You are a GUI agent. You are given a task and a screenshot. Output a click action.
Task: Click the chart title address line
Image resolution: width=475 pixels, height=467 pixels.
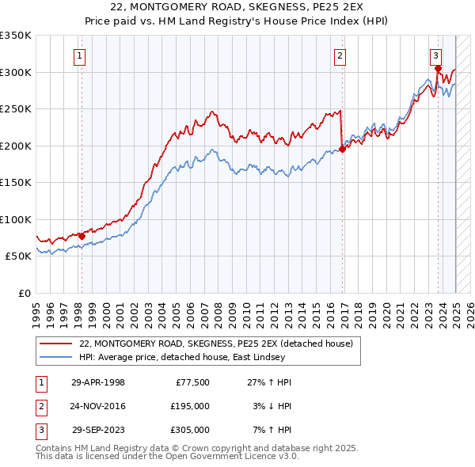tap(237, 6)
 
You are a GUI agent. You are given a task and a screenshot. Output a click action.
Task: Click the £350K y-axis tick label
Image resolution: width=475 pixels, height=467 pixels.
tap(16, 36)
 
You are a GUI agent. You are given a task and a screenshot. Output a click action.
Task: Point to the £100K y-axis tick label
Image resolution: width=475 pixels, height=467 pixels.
tap(16, 219)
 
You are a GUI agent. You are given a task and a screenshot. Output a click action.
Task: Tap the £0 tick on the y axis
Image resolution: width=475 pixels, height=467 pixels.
tap(24, 293)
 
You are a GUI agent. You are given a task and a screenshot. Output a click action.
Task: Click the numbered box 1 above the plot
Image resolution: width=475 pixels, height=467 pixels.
tap(81, 55)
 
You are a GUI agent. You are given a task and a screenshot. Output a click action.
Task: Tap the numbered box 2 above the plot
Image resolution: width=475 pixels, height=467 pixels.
tap(339, 55)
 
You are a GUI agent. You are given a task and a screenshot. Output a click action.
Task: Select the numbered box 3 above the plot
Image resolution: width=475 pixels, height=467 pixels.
tap(436, 55)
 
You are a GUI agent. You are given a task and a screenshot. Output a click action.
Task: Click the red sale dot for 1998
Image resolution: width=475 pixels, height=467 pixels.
tap(82, 236)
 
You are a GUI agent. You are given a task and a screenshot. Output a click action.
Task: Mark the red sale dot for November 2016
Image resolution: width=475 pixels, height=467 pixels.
tap(342, 149)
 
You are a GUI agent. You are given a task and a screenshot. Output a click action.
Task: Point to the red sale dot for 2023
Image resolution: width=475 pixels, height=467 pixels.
tap(438, 69)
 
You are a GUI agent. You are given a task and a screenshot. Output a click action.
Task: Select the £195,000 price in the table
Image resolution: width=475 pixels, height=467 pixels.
tap(190, 406)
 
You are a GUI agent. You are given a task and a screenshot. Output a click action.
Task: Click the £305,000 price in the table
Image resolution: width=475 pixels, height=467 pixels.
tap(190, 430)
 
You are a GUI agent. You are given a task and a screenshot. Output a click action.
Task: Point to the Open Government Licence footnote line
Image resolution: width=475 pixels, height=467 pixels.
tap(167, 457)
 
